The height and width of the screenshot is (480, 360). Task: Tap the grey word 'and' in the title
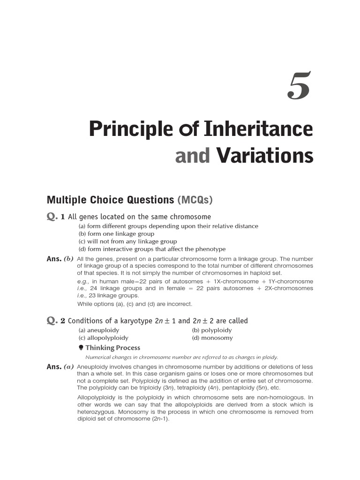pos(192,156)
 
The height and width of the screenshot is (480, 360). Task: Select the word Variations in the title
pos(265,156)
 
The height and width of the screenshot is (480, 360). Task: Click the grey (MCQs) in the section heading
pos(195,200)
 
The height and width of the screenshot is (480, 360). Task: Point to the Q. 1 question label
pos(55,217)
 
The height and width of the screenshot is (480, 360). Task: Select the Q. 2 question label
pos(55,321)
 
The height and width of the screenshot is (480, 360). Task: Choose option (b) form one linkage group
pos(116,234)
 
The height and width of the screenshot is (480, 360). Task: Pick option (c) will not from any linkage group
pos(121,241)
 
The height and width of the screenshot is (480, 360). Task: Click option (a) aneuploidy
pos(99,330)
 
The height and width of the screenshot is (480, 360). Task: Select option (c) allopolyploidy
pos(103,337)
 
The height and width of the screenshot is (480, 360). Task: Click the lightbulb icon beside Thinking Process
pos(81,347)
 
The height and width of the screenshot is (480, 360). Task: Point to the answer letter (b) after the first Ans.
pos(69,259)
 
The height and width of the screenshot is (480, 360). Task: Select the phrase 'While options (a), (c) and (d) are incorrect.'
pos(135,304)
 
